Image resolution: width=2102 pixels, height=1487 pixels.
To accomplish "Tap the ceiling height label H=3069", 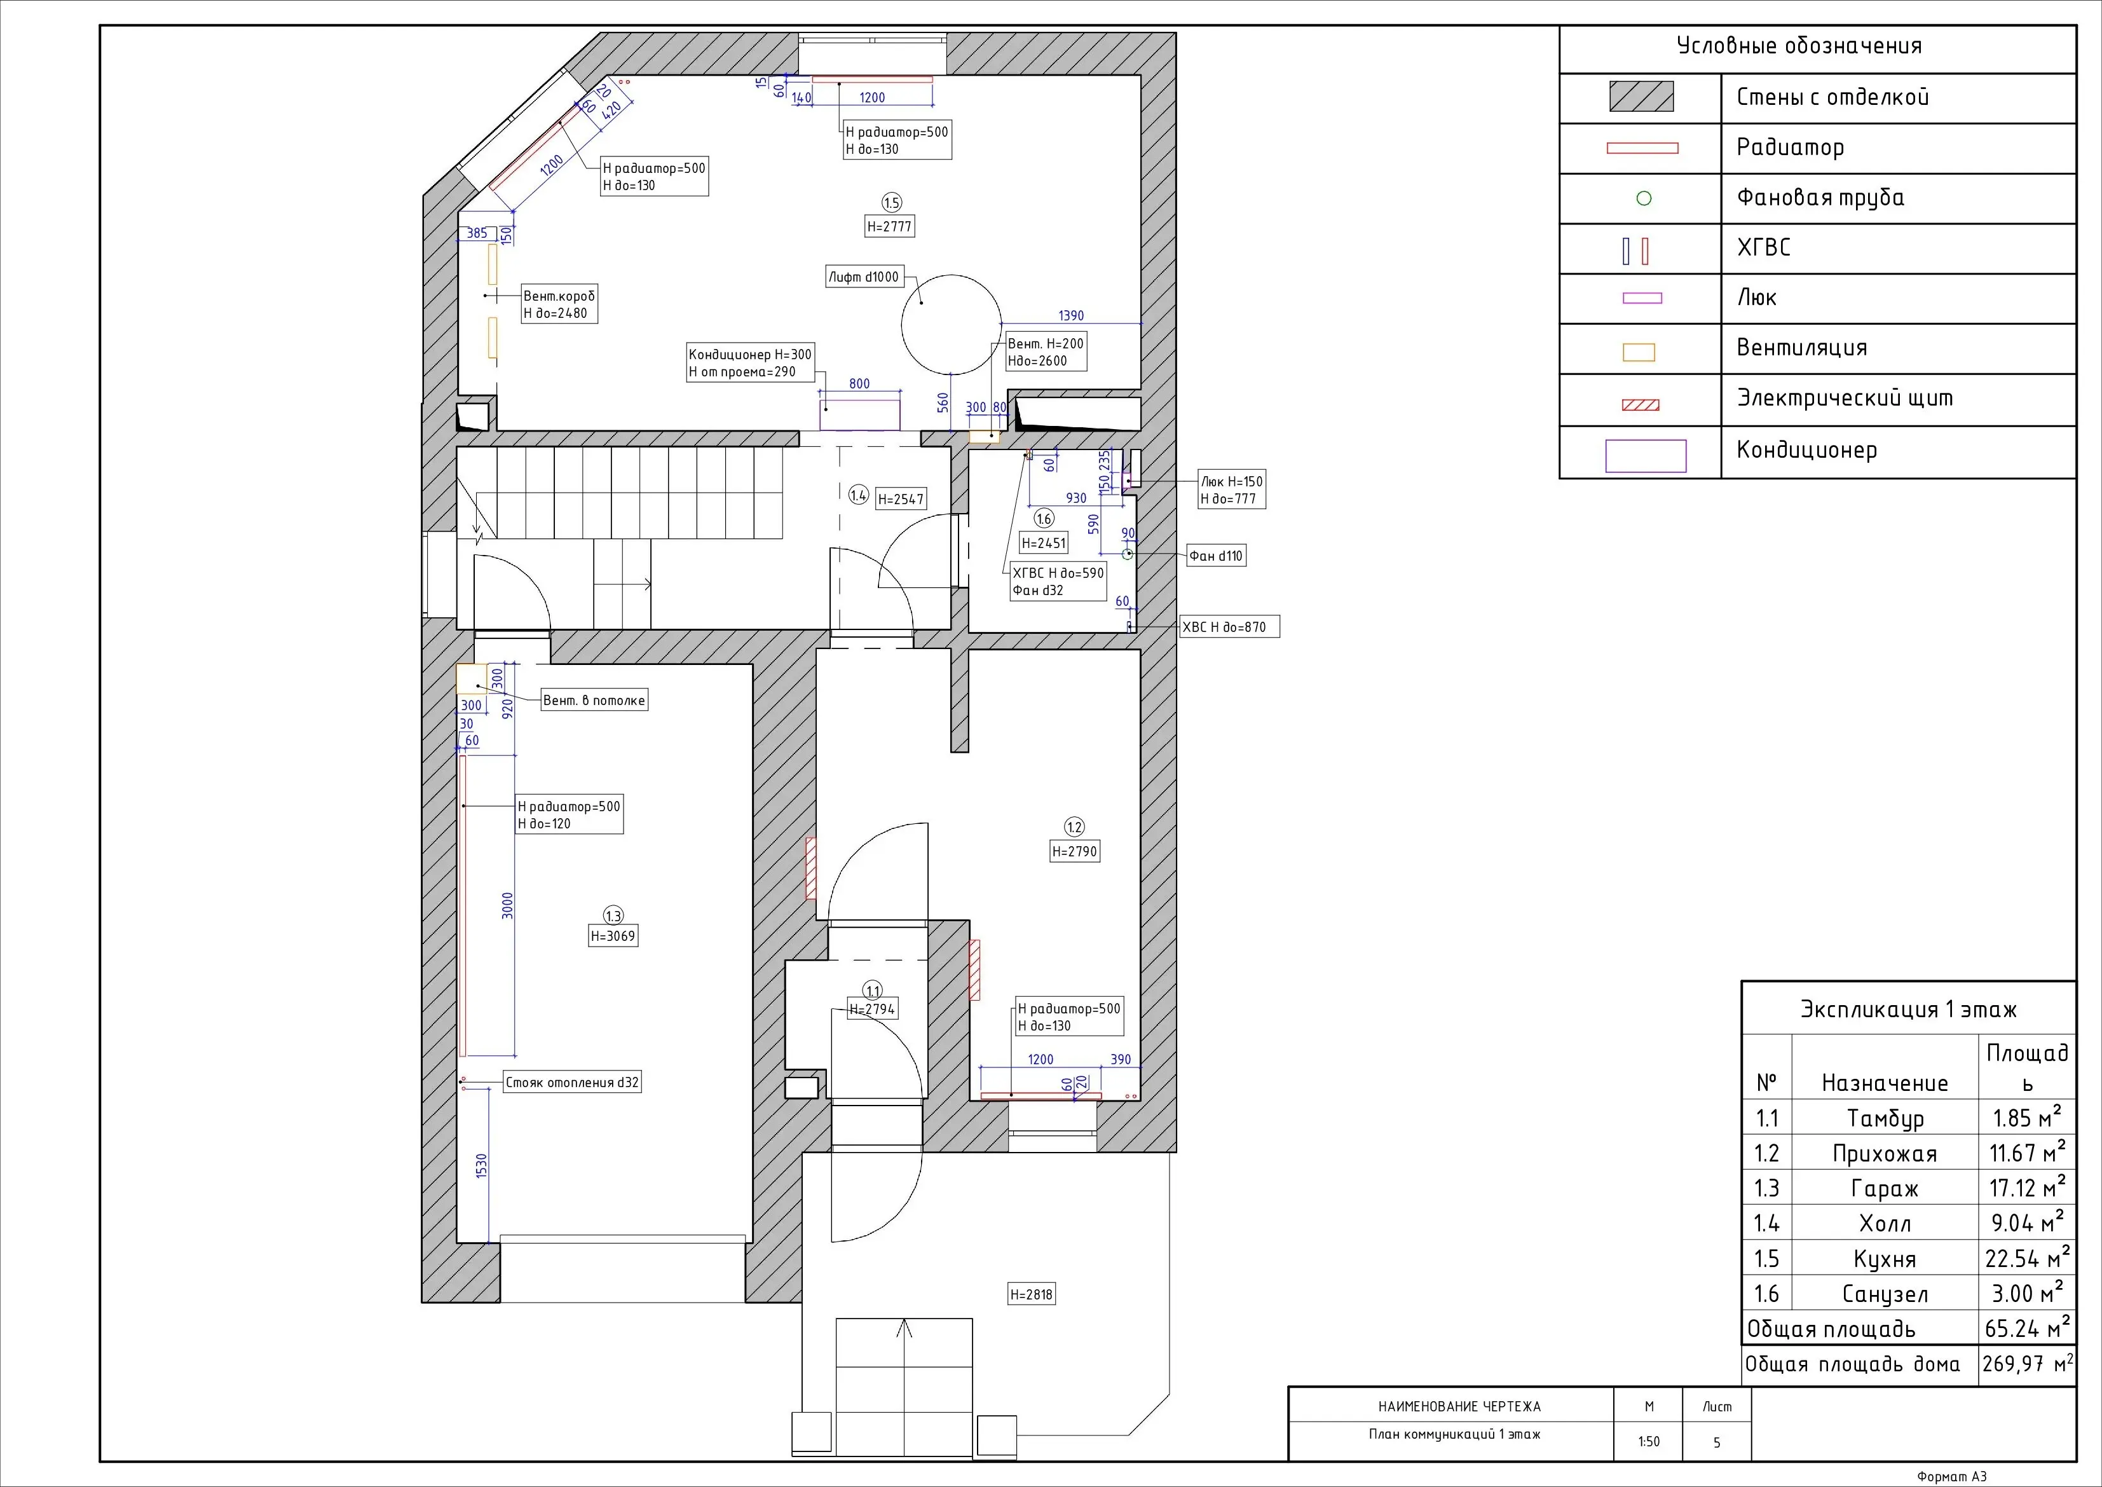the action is pyautogui.click(x=613, y=936).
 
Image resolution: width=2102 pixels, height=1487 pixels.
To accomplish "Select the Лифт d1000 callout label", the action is pyautogui.click(x=863, y=277).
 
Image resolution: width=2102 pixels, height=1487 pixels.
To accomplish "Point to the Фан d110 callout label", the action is pyautogui.click(x=1216, y=556).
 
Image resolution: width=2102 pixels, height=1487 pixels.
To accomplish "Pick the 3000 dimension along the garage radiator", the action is pyautogui.click(x=507, y=905).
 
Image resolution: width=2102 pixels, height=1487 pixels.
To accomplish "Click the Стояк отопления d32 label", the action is pyautogui.click(x=572, y=1082).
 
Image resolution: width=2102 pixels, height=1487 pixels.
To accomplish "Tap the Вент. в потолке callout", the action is pyautogui.click(x=594, y=701).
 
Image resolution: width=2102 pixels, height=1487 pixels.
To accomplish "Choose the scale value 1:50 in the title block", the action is pyautogui.click(x=1648, y=1441).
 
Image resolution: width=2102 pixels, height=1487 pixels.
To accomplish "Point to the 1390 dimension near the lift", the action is pyautogui.click(x=1070, y=316).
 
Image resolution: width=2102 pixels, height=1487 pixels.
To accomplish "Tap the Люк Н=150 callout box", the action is pyautogui.click(x=1231, y=490).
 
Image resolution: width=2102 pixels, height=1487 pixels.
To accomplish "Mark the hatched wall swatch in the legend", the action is pyautogui.click(x=1642, y=97).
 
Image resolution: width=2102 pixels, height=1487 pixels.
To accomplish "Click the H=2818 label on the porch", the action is pyautogui.click(x=1032, y=1294).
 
